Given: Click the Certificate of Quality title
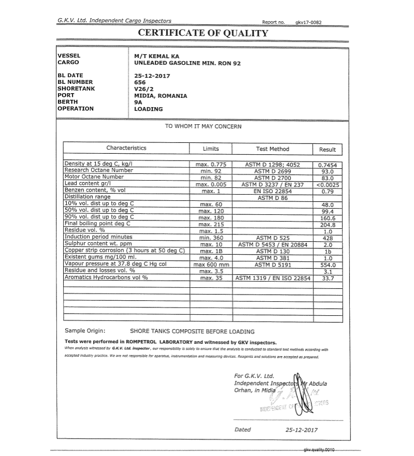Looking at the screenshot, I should pos(203,34).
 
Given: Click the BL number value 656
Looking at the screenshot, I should pos(140,82).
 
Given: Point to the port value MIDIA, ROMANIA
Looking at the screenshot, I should pos(160,96).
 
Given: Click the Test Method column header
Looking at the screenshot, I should pos(272,149).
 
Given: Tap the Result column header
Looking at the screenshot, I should pos(327,150).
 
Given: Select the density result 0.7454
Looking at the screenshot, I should pos(327,165).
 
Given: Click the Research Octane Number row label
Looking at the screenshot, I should pos(98,170).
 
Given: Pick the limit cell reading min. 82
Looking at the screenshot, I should pos(211,177).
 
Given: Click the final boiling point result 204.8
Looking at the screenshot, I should pos(327,225).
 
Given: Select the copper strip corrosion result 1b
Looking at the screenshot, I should pos(327,251).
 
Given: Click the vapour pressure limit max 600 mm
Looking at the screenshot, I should pos(211,264).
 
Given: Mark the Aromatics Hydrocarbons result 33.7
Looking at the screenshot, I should pos(327,278).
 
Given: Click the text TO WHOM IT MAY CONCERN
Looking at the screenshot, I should pos(203,126).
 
